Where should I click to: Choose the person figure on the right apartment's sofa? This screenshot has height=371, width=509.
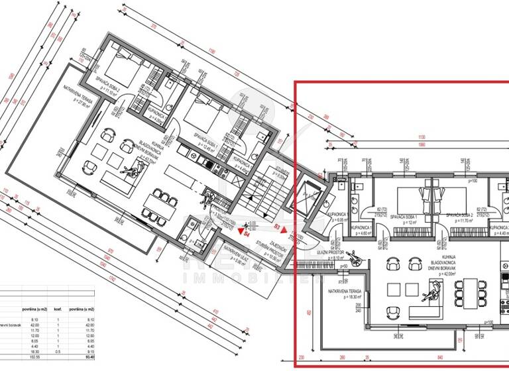[x=435, y=290]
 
